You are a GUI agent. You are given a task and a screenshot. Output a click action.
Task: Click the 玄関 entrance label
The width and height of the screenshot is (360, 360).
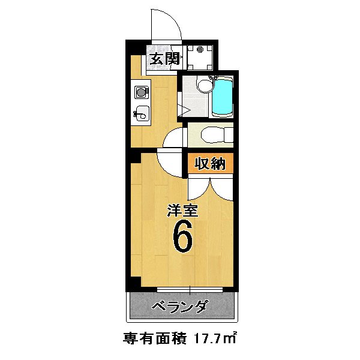pos(164,59)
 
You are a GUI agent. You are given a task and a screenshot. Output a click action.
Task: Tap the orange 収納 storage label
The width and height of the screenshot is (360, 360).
pos(209,163)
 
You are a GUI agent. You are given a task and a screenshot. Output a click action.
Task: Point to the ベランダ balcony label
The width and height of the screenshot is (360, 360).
pos(179,307)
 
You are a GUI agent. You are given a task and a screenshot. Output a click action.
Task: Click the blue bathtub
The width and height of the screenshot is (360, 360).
pos(223,97)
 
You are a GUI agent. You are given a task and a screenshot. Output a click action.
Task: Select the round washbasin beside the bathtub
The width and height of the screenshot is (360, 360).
pos(203,87)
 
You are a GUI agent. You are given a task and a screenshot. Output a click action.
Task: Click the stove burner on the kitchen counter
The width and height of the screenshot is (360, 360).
pos(142,92)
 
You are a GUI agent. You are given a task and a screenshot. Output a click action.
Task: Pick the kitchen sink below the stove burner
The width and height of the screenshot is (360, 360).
pos(142,112)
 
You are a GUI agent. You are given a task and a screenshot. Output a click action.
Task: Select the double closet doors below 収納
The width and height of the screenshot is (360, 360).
pos(209,187)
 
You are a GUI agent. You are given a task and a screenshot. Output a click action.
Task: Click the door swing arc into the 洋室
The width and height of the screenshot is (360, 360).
pos(170,161)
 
